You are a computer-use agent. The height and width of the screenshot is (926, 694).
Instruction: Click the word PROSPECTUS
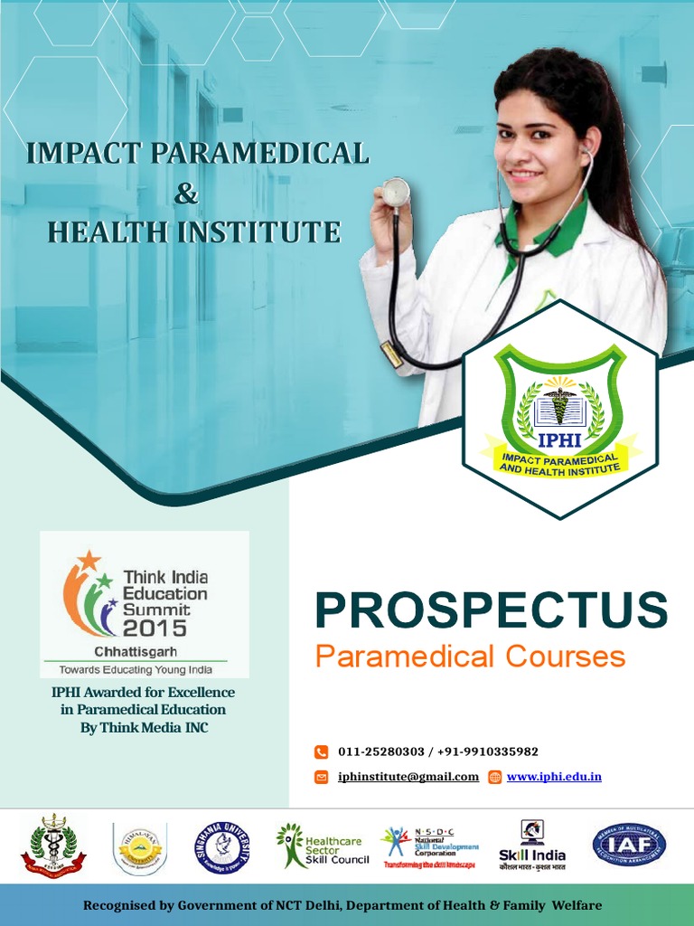click(x=491, y=610)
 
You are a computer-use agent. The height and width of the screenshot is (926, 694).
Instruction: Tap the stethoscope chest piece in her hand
click(x=395, y=192)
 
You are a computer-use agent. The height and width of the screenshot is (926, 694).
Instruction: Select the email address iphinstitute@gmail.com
click(x=408, y=777)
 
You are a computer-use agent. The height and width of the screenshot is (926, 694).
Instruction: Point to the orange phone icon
click(x=321, y=751)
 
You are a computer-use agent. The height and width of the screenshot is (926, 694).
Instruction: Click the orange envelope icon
click(x=321, y=777)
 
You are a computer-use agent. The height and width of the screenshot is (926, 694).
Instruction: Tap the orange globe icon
click(x=494, y=777)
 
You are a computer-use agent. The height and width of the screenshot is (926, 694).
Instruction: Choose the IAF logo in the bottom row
click(x=629, y=846)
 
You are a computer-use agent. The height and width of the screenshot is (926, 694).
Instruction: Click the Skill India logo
click(x=532, y=846)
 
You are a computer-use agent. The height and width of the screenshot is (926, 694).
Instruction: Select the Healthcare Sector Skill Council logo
click(x=323, y=846)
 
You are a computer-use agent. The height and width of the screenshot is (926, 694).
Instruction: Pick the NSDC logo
click(x=429, y=846)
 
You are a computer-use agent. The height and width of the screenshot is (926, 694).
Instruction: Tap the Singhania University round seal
click(x=222, y=847)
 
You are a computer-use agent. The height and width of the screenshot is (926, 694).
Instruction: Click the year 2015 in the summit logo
click(x=155, y=628)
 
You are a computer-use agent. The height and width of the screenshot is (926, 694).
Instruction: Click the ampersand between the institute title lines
click(x=185, y=193)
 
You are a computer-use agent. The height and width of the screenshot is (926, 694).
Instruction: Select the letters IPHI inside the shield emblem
click(x=559, y=441)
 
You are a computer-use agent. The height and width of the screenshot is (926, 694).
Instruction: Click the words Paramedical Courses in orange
click(x=470, y=657)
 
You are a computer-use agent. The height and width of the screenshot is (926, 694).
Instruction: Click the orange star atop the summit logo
click(x=89, y=561)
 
